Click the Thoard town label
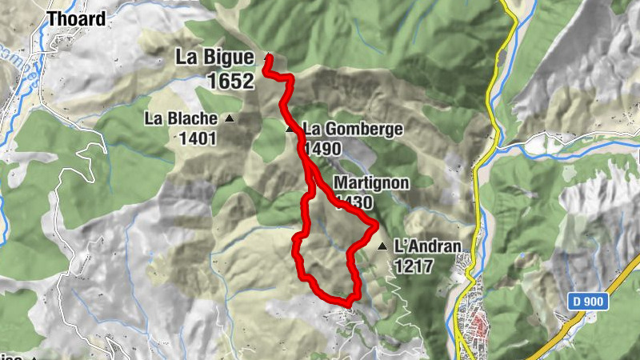tap(76, 18)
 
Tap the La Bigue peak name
tap(215, 58)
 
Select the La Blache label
tap(181, 119)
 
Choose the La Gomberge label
tap(352, 129)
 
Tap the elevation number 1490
tap(322, 149)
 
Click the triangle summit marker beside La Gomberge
tap(290, 128)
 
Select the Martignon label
tap(371, 183)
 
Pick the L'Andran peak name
tap(421, 247)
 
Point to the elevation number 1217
tap(413, 266)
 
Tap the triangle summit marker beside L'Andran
tap(382, 246)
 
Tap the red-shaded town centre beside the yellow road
tap(480, 325)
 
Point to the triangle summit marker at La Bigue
tap(266, 58)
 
